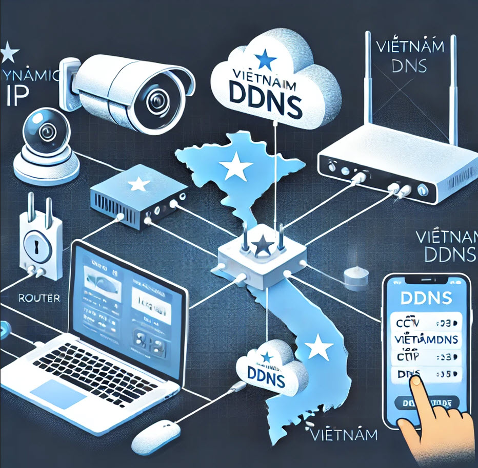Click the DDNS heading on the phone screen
click(x=427, y=297)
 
